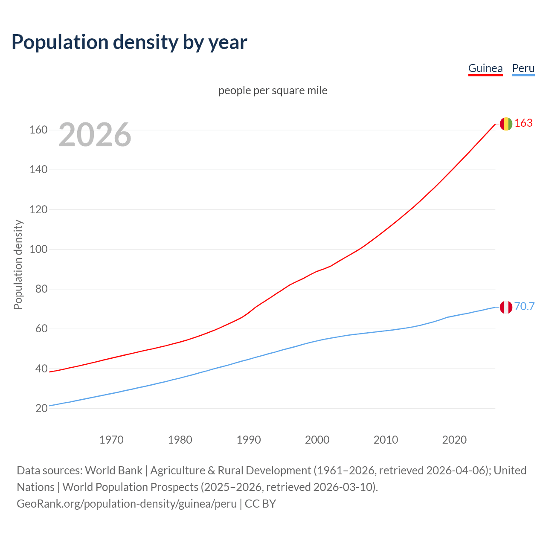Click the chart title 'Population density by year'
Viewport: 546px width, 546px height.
[129, 42]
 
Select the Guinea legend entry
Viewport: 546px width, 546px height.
[485, 68]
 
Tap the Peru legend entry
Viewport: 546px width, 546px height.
[523, 68]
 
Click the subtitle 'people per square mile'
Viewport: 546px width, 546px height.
[273, 90]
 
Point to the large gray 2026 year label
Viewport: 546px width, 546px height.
[95, 135]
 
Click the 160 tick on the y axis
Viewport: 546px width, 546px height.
[38, 130]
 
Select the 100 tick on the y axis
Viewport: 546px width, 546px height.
[38, 249]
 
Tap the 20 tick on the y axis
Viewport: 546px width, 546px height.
[41, 408]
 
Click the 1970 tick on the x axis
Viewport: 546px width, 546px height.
[111, 440]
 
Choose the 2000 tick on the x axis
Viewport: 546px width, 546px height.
[317, 440]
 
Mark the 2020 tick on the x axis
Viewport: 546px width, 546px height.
[454, 440]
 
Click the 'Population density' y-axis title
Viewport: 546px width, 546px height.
[18, 264]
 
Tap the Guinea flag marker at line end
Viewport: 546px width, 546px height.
[506, 124]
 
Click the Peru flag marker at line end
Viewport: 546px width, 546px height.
[506, 307]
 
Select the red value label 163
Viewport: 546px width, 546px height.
[523, 123]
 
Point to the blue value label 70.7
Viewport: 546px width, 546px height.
[524, 307]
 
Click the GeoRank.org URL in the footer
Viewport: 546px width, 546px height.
[127, 504]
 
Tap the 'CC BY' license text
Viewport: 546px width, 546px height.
[261, 504]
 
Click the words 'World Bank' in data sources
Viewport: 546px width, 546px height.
[113, 470]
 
